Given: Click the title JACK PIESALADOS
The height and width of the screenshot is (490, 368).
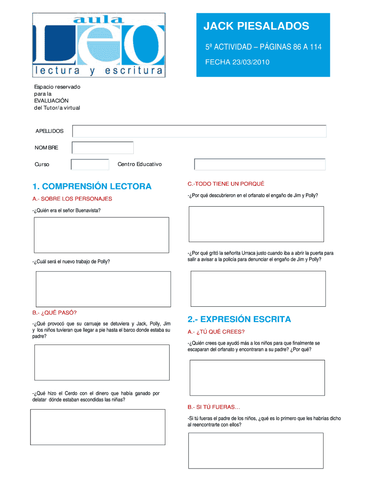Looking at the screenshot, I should pos(257,26).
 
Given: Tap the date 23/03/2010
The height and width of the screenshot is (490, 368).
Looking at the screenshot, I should pos(249,62).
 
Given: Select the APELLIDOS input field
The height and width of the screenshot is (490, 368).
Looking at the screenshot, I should pos(199,131).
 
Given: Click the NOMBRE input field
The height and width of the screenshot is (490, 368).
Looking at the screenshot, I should pos(102,148).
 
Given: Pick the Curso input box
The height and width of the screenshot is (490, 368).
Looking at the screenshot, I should pos(90,165).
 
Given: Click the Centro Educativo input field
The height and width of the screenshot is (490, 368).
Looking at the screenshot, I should pos(260,165).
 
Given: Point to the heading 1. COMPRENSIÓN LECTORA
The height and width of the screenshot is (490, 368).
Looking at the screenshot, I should pos(92,186).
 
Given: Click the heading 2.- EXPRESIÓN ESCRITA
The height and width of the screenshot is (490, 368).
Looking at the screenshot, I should pos(239,319).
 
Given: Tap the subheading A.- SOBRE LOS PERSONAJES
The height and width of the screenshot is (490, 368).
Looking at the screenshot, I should pos(72,199).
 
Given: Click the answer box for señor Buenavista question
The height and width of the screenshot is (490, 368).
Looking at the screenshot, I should pos(101,235).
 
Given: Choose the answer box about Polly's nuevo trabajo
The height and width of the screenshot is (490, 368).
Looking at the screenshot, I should pos(103,289).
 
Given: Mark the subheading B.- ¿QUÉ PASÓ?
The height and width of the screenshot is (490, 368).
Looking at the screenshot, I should pos(54,312).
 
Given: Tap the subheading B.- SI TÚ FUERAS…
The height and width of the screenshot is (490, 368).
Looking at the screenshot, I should pos(214,407).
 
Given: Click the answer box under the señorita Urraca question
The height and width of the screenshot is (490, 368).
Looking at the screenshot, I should pos(258,289).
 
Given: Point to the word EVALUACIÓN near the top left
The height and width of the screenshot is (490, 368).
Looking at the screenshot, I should pos(51,100).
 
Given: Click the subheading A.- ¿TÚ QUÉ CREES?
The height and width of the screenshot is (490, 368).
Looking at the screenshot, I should pos(216,332).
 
